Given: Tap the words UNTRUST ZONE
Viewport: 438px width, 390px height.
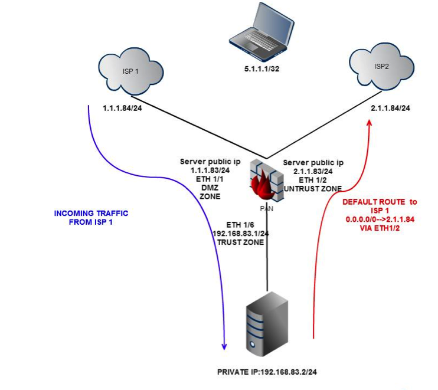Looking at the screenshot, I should tap(312, 188).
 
